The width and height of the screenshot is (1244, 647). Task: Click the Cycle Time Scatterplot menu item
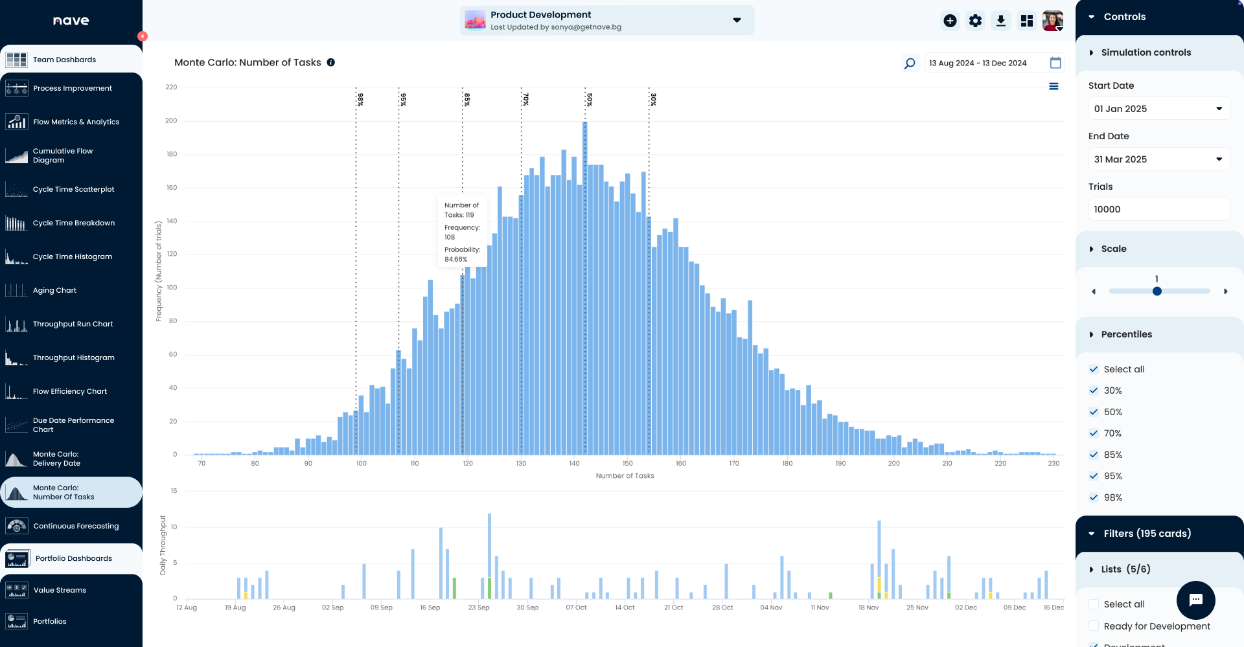pyautogui.click(x=73, y=189)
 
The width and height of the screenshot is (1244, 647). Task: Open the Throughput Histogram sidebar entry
pyautogui.click(x=73, y=358)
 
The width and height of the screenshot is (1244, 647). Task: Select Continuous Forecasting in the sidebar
pyautogui.click(x=76, y=526)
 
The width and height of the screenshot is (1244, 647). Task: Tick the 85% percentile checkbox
pyautogui.click(x=1094, y=455)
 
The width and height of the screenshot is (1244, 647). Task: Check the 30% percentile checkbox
pyautogui.click(x=1094, y=391)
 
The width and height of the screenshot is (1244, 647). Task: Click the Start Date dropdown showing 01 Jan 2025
pyautogui.click(x=1158, y=109)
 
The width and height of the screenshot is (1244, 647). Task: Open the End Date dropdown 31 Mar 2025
pyautogui.click(x=1158, y=159)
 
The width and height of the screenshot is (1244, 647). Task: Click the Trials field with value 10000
pyautogui.click(x=1158, y=209)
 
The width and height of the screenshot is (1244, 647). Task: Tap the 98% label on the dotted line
pyautogui.click(x=361, y=99)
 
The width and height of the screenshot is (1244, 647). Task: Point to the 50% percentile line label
pyautogui.click(x=590, y=99)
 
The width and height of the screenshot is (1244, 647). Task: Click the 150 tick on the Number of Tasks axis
pyautogui.click(x=627, y=464)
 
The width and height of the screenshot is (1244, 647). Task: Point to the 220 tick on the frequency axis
pyautogui.click(x=171, y=87)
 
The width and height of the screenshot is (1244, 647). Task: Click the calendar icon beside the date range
pyautogui.click(x=1055, y=63)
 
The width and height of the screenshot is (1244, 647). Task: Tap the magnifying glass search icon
pyautogui.click(x=910, y=63)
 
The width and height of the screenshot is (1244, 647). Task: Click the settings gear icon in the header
pyautogui.click(x=975, y=21)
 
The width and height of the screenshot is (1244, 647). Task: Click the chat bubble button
pyautogui.click(x=1195, y=600)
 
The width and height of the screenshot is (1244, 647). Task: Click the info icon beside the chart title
pyautogui.click(x=331, y=62)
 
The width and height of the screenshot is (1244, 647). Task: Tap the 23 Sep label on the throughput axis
pyautogui.click(x=479, y=607)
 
